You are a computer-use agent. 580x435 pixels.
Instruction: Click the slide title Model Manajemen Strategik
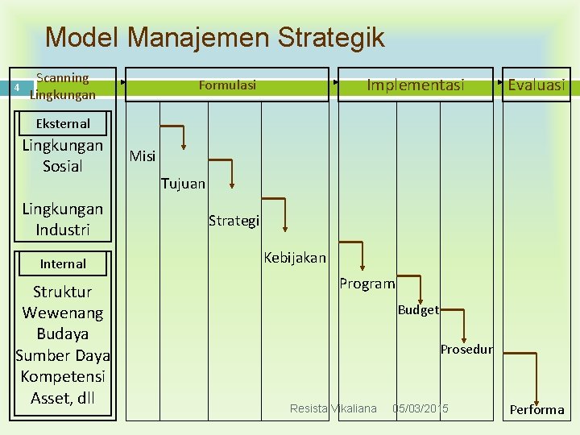tap(215, 37)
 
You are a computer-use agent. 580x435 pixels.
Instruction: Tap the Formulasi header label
tap(227, 85)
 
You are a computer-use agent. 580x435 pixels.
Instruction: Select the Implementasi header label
tap(416, 85)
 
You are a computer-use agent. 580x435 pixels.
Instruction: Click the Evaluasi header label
tap(536, 85)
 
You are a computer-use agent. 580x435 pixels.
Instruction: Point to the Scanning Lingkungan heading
tap(63, 86)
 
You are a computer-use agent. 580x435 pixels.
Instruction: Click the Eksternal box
tap(63, 123)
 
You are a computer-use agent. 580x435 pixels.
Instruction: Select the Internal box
tap(63, 263)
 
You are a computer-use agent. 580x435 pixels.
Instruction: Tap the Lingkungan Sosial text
tap(63, 155)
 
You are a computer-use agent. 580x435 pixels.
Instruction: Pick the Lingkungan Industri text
tap(63, 219)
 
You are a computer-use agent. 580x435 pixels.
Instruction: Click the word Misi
tap(143, 156)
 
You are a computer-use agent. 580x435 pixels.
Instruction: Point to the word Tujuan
tap(183, 184)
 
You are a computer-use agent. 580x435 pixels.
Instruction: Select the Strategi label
tap(234, 220)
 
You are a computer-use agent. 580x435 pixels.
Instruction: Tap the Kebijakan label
tap(295, 258)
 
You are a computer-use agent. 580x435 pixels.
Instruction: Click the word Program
tap(367, 284)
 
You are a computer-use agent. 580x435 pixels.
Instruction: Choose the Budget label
tap(418, 310)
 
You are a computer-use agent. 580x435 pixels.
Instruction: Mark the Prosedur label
tap(466, 349)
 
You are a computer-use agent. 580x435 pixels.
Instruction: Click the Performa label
tap(537, 409)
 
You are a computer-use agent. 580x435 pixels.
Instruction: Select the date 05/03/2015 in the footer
tap(420, 408)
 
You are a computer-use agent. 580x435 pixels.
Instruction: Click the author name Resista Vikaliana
tap(333, 408)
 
